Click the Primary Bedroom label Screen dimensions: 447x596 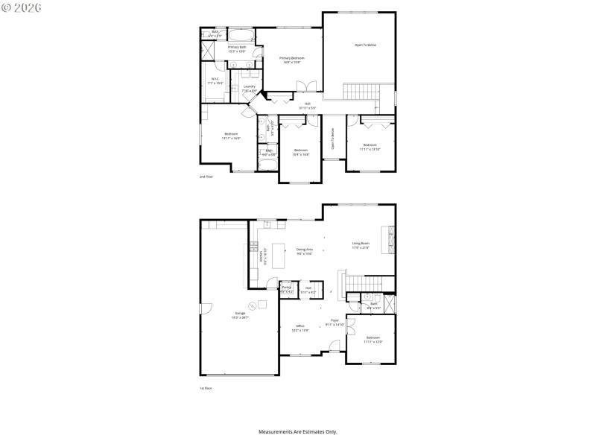[291, 60]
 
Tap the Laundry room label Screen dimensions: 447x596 [250, 89]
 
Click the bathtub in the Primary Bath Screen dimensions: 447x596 [241, 35]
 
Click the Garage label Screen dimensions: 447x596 [241, 314]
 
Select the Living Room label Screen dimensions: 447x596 [361, 245]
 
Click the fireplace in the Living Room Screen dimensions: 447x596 [387, 241]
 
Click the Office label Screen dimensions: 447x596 [300, 327]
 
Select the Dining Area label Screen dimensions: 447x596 [304, 251]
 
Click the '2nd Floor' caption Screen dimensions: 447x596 [206, 177]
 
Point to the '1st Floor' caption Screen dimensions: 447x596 [206, 389]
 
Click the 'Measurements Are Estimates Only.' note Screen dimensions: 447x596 [297, 432]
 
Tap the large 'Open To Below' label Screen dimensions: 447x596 [365, 45]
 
